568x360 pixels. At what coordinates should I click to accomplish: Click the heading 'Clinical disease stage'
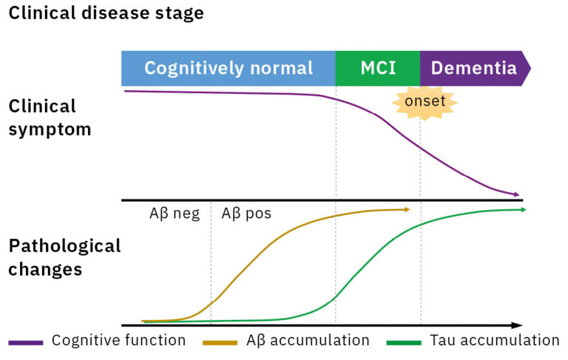(106, 13)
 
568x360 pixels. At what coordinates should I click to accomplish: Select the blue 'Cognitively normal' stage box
(228, 69)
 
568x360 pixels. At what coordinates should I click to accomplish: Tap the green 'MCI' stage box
(377, 69)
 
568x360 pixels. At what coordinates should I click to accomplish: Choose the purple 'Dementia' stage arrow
(474, 69)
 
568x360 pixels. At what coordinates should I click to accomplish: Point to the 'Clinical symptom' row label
(50, 118)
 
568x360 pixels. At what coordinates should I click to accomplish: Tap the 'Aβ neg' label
(175, 214)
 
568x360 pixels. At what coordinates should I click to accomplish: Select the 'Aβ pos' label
(246, 214)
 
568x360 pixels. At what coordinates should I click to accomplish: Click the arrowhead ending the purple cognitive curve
(517, 194)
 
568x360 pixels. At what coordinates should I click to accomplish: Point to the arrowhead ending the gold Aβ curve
(407, 209)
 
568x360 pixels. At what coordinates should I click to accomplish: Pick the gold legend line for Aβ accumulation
(221, 342)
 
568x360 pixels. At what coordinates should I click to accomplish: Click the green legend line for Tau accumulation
(404, 342)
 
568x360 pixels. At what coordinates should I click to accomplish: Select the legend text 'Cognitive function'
(118, 341)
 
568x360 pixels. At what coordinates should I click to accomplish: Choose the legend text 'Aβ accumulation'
(308, 341)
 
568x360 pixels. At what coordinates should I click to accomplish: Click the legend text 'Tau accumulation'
(494, 341)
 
